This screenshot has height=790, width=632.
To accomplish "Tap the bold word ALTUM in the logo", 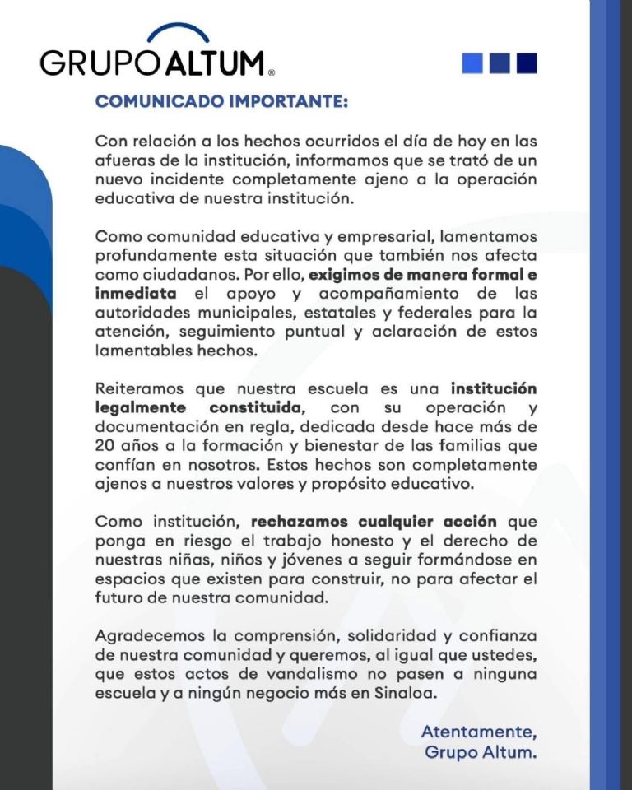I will [x=216, y=63].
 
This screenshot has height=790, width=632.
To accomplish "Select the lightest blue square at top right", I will [x=472, y=63].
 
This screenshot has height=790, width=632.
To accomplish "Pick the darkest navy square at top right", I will [x=526, y=63].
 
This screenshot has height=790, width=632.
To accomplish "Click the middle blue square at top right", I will [x=500, y=63].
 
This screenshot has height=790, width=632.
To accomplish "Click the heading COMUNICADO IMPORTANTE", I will [x=221, y=101].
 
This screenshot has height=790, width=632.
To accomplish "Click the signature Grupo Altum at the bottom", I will [x=481, y=751].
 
